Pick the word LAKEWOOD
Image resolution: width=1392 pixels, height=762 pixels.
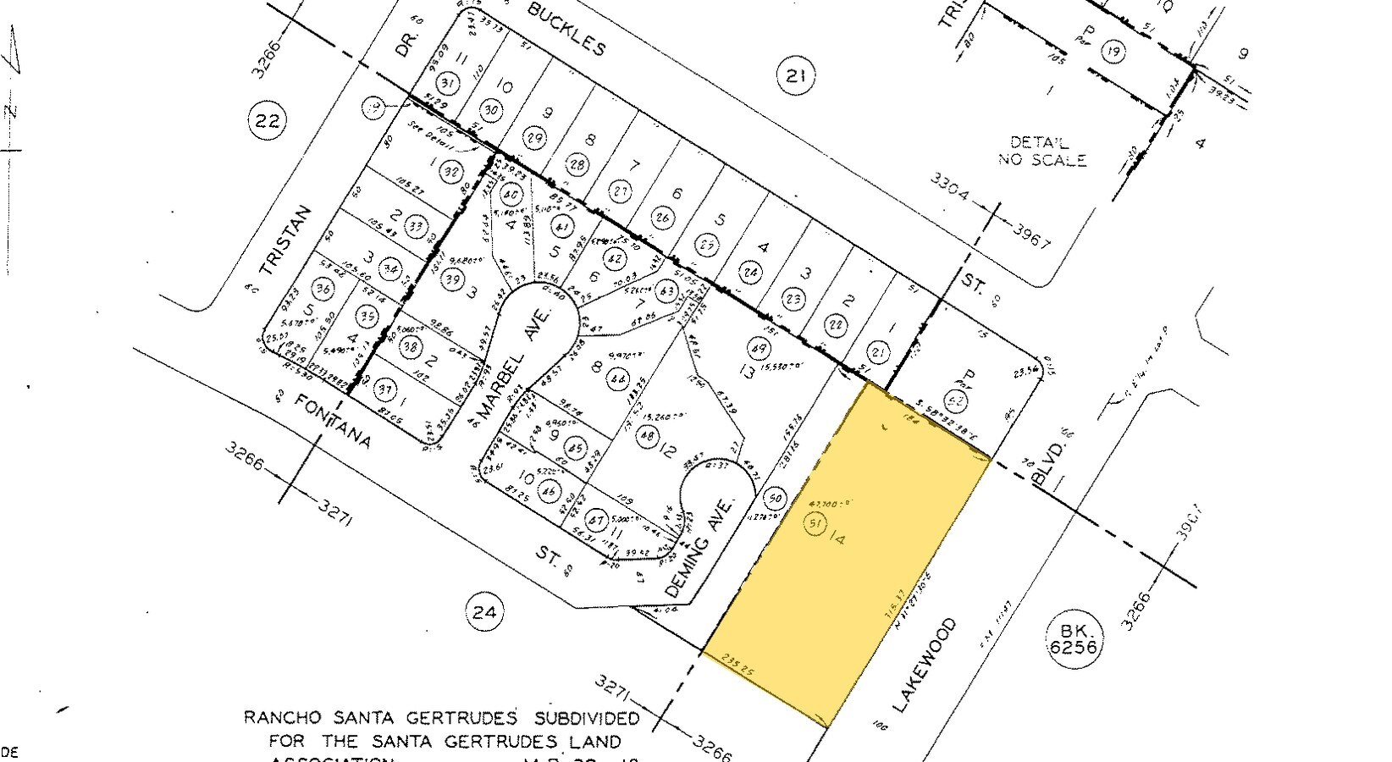pos(925,665)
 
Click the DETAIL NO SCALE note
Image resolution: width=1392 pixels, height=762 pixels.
pos(1041,152)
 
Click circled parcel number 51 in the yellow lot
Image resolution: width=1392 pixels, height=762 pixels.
pos(815,525)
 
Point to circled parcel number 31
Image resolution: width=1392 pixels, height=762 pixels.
pos(448,82)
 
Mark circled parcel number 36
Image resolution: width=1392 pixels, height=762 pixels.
pos(323,288)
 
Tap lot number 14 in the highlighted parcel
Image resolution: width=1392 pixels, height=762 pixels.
pos(838,537)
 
